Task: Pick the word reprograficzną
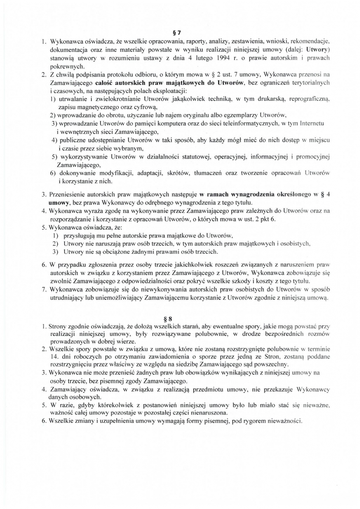(306, 98)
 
